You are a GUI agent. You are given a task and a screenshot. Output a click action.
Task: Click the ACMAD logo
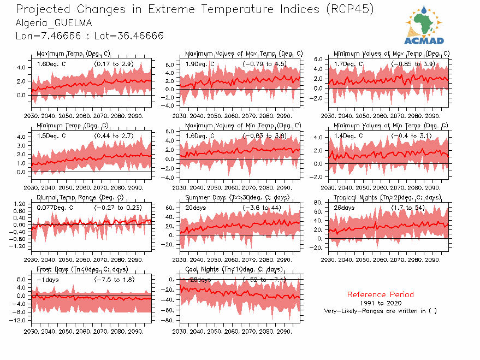(x=424, y=25)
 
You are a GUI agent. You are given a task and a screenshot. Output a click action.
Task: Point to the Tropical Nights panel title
(x=387, y=197)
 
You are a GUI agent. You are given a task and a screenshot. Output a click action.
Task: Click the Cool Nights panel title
(x=234, y=269)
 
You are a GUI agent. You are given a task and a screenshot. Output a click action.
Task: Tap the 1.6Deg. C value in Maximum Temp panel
(x=51, y=64)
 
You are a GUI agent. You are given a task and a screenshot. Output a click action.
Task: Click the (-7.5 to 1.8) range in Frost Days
(x=114, y=280)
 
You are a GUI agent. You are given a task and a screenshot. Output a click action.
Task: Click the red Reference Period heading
(x=380, y=294)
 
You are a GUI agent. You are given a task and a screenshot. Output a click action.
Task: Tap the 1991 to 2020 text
(x=380, y=303)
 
